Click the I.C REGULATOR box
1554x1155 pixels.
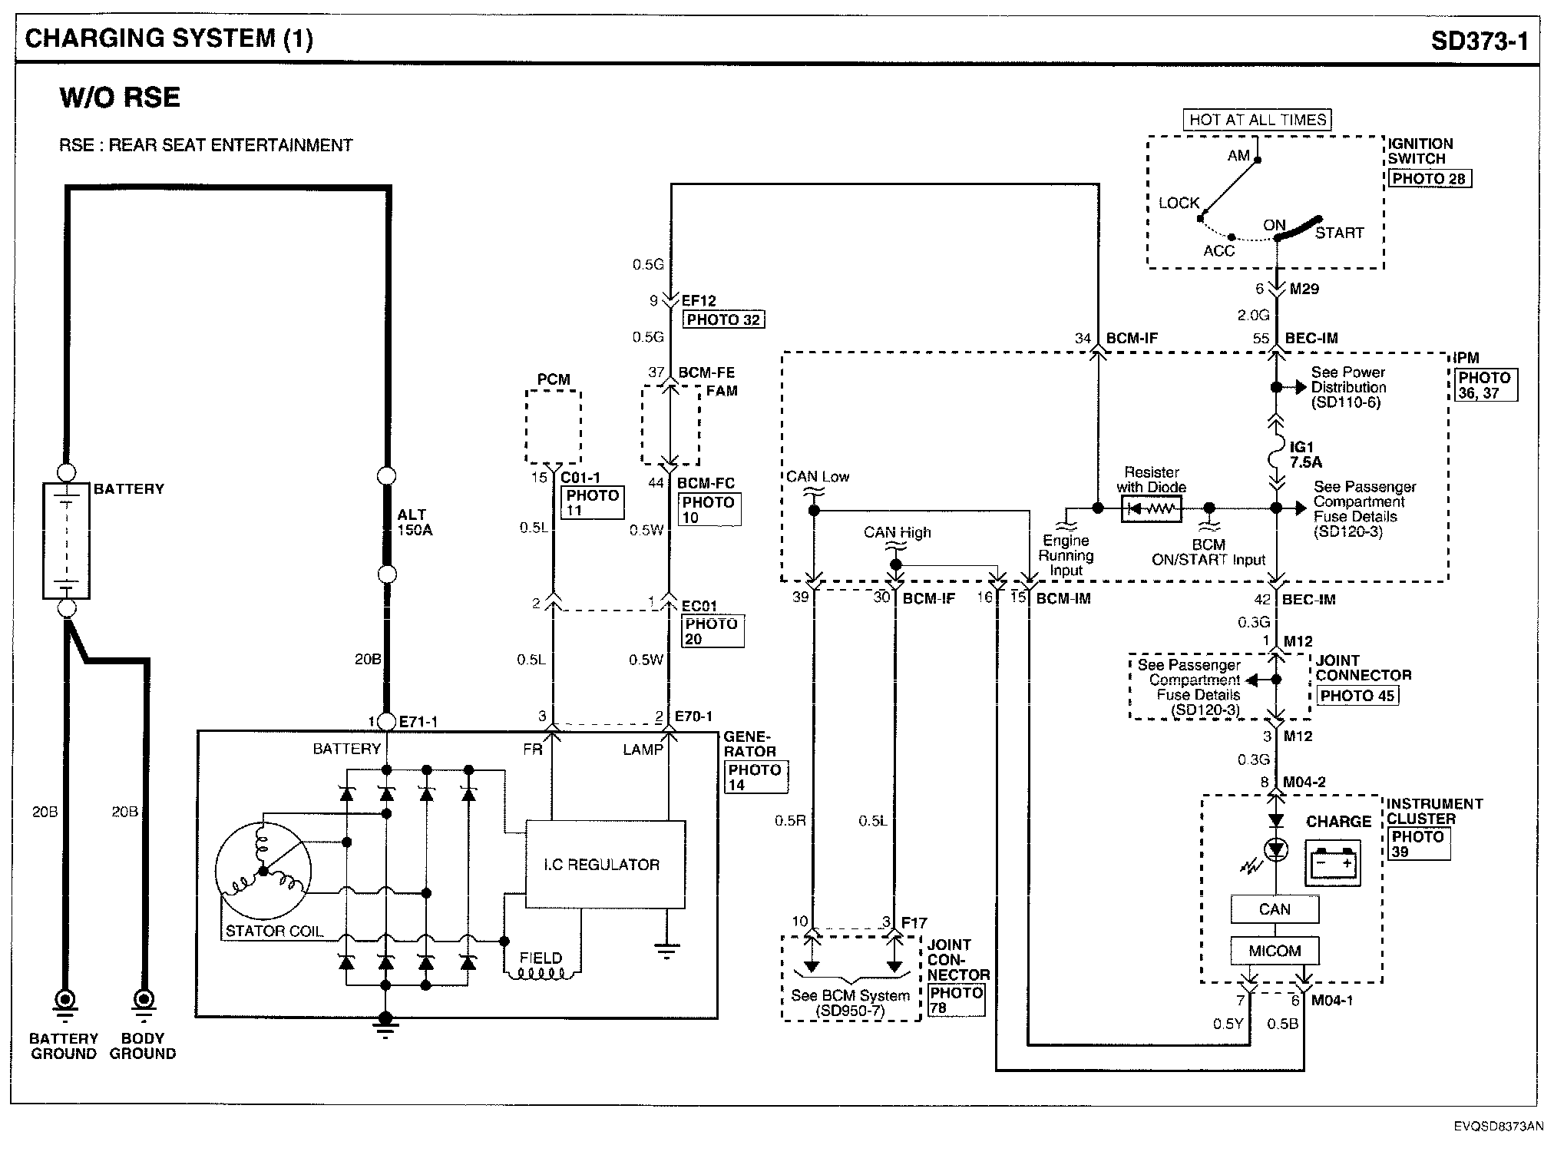[x=604, y=865]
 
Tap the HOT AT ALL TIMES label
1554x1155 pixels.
[x=1257, y=120]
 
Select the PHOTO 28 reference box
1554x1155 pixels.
[x=1429, y=179]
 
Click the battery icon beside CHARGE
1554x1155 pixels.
[x=1333, y=863]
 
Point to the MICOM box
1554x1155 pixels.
[x=1275, y=951]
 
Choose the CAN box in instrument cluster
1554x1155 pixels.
[x=1275, y=909]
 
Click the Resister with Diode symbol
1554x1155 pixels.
[x=1151, y=508]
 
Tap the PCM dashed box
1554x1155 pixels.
[x=553, y=427]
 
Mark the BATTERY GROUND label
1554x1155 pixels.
[x=64, y=1046]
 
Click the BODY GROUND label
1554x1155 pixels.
[x=143, y=1046]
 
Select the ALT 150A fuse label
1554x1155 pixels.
[x=415, y=522]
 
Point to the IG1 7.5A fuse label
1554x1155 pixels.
[x=1305, y=455]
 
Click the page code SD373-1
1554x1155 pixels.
[x=1480, y=40]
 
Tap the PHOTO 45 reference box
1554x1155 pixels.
[x=1357, y=696]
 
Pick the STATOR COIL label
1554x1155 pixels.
[x=274, y=932]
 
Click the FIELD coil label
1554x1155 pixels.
[x=541, y=958]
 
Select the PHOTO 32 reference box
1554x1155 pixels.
[x=723, y=319]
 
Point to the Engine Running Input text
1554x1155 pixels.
[x=1066, y=555]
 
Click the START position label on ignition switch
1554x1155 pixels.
[x=1339, y=233]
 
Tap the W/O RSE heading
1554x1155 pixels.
[x=120, y=98]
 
